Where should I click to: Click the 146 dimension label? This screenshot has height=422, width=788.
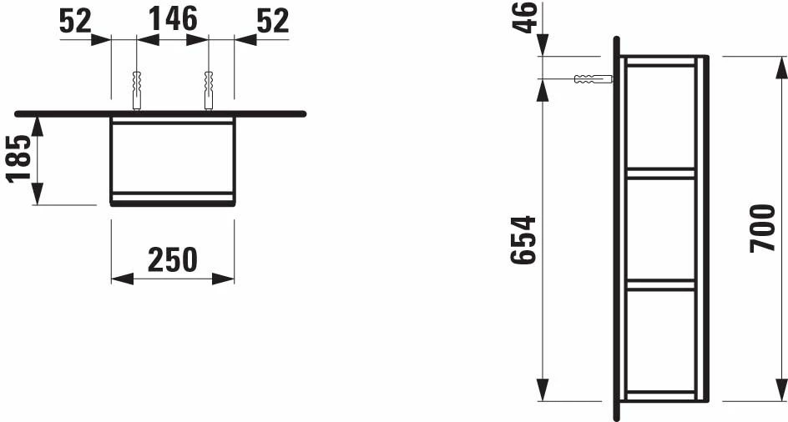[x=173, y=19]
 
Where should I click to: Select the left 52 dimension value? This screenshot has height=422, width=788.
[x=76, y=21]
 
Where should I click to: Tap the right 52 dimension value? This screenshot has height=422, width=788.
[x=271, y=21]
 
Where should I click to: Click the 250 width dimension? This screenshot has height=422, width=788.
[x=173, y=260]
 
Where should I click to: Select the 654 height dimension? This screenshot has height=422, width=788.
[x=523, y=240]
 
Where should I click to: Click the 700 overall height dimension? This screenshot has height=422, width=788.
[x=762, y=227]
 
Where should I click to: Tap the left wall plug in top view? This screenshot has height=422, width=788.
[x=136, y=89]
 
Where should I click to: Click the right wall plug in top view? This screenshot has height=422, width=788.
[x=209, y=89]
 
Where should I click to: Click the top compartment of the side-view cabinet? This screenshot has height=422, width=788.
[x=659, y=117]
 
